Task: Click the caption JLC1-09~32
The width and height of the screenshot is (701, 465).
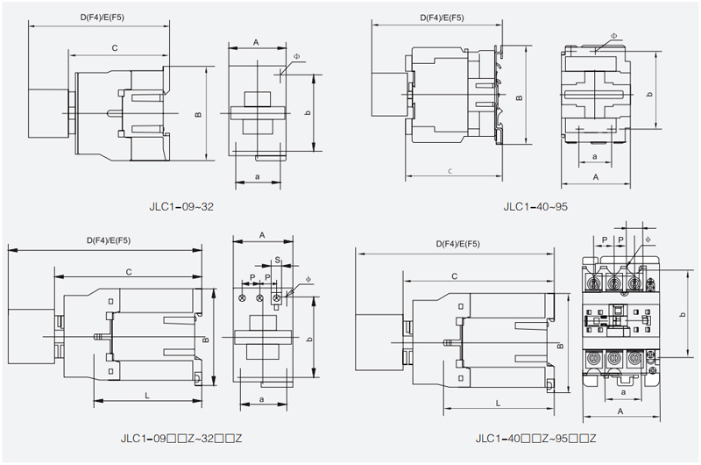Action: tap(181, 207)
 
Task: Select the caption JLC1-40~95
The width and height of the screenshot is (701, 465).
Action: tap(535, 207)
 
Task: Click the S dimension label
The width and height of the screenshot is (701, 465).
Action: tap(278, 261)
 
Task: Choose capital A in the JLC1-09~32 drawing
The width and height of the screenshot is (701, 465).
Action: tap(256, 42)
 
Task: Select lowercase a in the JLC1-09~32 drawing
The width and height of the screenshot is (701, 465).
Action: tap(257, 176)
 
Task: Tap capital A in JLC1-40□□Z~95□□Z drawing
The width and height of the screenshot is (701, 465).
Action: tap(620, 410)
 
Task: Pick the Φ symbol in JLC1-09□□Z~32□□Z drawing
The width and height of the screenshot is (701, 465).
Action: tap(308, 280)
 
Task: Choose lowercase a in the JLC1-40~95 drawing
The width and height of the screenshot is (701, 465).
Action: tap(595, 156)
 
